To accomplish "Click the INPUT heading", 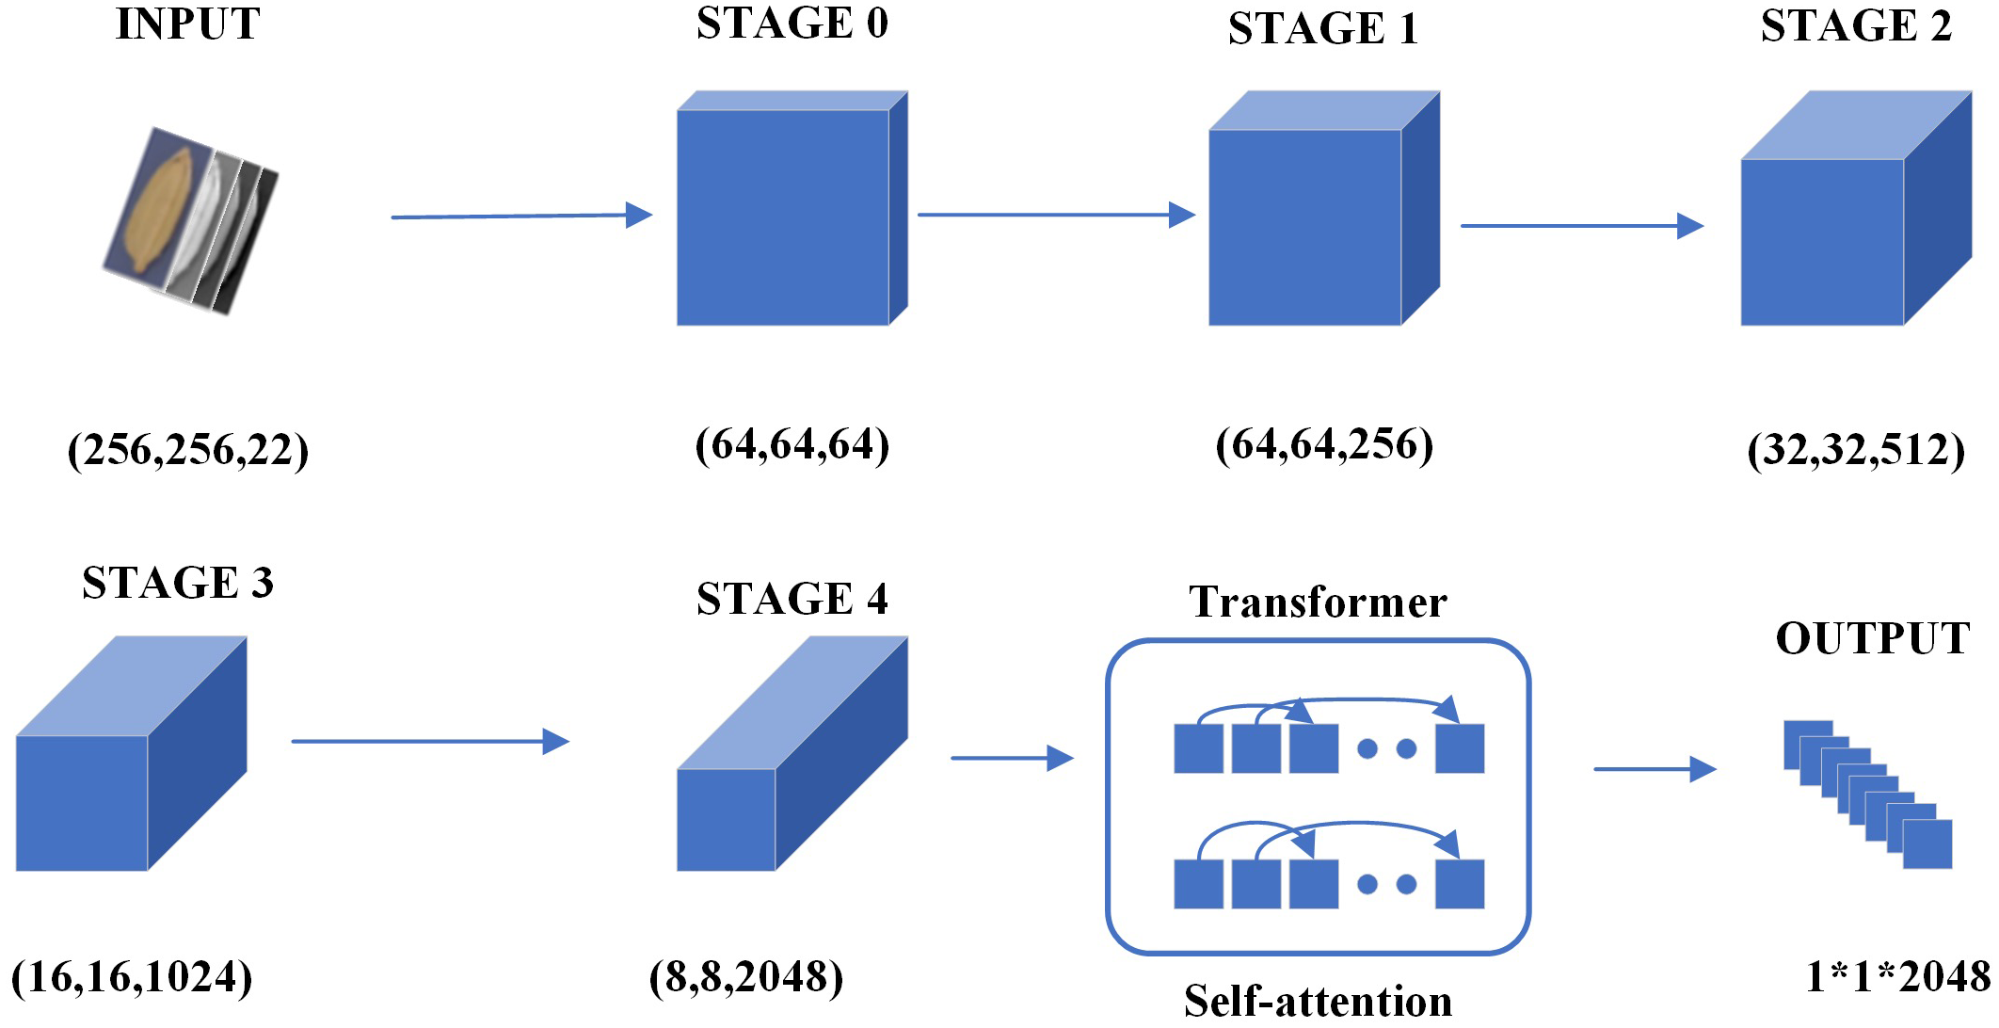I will tap(187, 24).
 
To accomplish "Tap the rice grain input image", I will tap(191, 219).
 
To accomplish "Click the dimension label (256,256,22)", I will tap(187, 450).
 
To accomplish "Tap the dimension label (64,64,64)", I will tap(792, 444).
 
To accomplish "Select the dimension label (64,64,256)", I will tap(1324, 444).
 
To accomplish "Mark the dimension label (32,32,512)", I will tap(1856, 450).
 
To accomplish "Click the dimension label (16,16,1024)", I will tap(132, 977).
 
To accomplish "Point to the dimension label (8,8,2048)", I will tap(745, 977).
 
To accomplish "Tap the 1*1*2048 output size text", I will tap(1897, 977).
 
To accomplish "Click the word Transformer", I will tap(1318, 602).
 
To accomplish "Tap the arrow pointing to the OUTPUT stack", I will tap(1654, 769).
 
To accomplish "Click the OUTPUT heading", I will tap(1873, 638).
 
